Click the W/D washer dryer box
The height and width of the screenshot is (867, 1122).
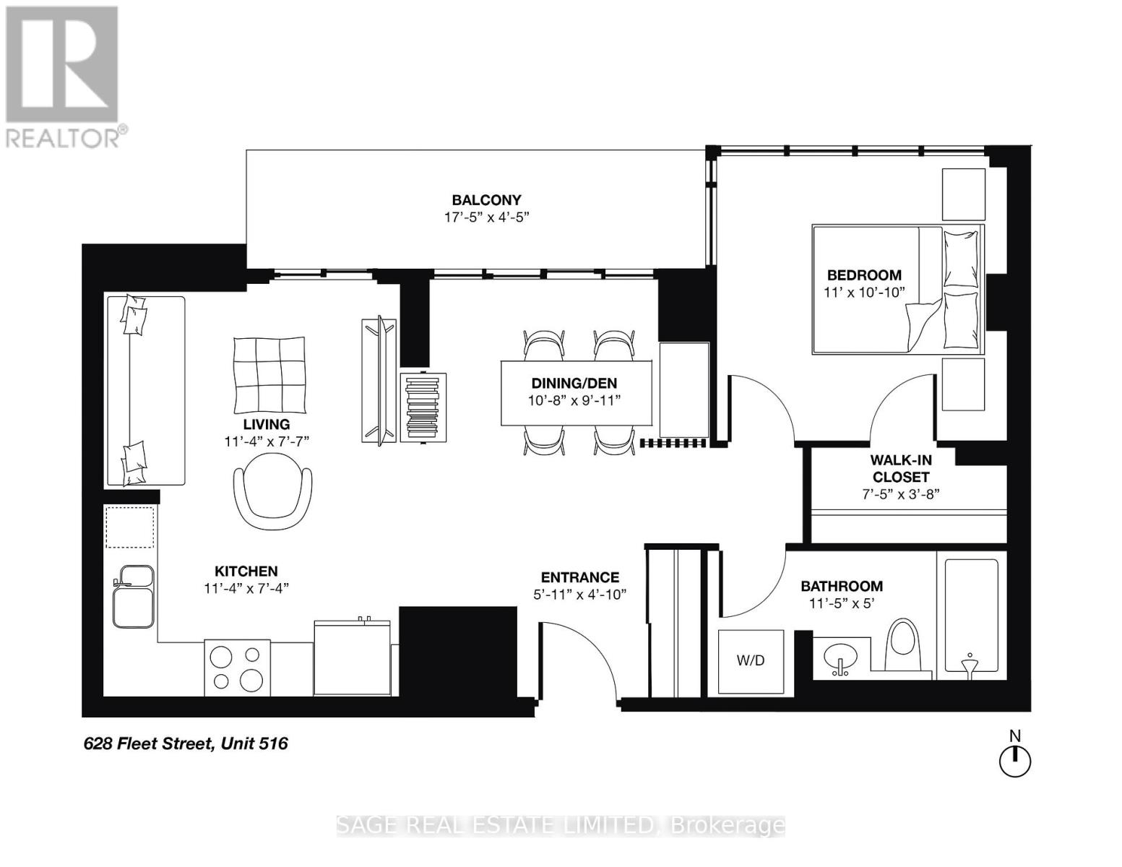(751, 660)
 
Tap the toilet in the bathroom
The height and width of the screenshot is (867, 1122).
(904, 644)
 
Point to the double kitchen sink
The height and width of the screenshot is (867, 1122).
(132, 596)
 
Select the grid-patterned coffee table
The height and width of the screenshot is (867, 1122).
(269, 373)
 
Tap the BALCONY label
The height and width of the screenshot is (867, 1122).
(486, 200)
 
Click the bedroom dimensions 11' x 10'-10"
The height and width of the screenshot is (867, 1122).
(864, 292)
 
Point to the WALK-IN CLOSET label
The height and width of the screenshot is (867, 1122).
(899, 468)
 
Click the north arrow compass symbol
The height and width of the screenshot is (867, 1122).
(1014, 761)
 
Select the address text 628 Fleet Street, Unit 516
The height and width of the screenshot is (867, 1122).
(186, 743)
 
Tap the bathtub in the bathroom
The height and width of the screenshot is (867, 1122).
(971, 616)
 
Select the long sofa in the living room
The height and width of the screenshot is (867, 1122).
(145, 390)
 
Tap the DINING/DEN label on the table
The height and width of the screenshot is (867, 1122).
(574, 384)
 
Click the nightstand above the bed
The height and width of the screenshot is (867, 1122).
(963, 194)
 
